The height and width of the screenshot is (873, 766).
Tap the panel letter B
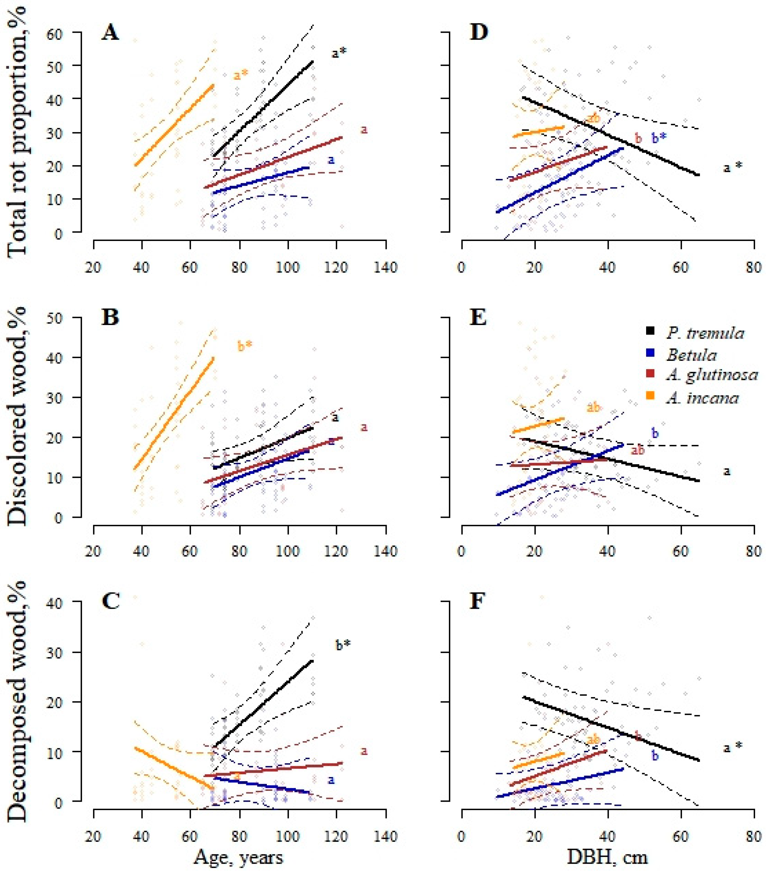[x=110, y=318]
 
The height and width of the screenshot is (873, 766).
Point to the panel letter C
[x=111, y=602]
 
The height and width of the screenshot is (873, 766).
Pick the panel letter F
[x=477, y=602]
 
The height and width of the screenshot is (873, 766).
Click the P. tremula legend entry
[x=704, y=333]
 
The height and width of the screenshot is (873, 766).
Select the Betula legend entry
[x=691, y=355]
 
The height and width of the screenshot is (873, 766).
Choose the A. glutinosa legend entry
[x=711, y=375]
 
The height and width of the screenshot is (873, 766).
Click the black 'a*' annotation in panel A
[x=340, y=54]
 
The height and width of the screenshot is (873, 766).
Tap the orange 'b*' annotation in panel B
[x=245, y=346]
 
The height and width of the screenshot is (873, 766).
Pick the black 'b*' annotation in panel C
[x=343, y=645]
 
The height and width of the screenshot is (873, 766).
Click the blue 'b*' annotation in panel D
[x=659, y=138]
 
